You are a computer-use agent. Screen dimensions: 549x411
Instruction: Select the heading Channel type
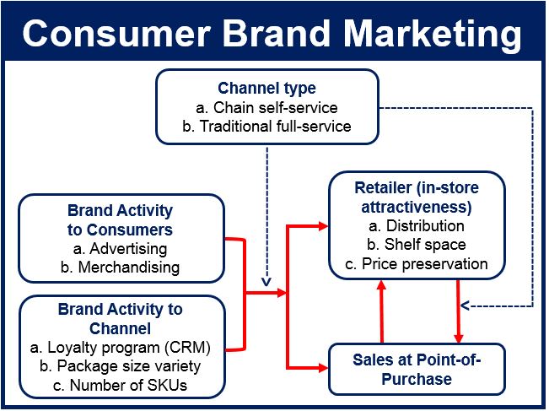(x=266, y=89)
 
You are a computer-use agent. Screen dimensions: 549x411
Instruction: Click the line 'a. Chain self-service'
(x=266, y=107)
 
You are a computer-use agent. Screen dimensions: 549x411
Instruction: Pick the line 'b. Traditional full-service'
(x=266, y=126)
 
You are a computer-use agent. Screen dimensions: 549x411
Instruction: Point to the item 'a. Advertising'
(x=120, y=249)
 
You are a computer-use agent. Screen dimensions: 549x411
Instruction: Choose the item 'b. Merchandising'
(x=120, y=268)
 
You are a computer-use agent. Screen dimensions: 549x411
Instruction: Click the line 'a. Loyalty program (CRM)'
(x=120, y=348)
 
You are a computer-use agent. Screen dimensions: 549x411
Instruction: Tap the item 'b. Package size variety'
(x=120, y=366)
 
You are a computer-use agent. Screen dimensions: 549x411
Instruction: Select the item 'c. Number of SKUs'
(x=120, y=385)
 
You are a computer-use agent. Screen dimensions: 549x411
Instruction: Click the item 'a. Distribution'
(x=417, y=226)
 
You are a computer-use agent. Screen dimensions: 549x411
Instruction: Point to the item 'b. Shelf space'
(x=417, y=245)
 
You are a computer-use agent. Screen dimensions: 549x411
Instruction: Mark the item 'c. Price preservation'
(x=417, y=264)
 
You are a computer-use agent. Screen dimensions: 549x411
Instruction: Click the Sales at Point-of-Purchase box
(x=417, y=370)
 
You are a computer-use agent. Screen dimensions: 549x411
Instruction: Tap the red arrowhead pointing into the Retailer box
(x=323, y=226)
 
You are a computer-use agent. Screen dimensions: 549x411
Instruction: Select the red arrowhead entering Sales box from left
(x=323, y=368)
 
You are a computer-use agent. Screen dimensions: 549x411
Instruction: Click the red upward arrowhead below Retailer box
(x=382, y=284)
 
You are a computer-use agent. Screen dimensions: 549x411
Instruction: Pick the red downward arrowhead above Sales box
(x=458, y=338)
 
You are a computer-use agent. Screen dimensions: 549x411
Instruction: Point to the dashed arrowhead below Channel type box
(x=266, y=282)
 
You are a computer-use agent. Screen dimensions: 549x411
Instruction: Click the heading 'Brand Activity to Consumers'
(x=120, y=220)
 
